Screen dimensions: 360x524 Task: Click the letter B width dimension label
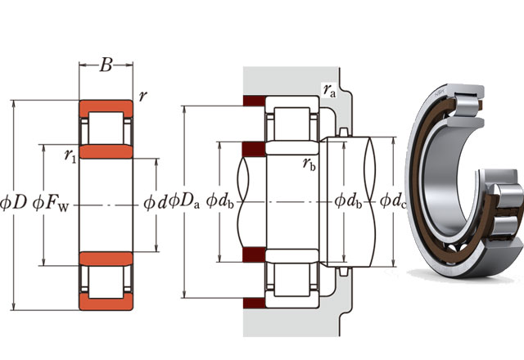[x=105, y=66]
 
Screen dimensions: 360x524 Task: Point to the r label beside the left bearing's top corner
[x=143, y=96]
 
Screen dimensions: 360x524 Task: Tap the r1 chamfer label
[x=70, y=153]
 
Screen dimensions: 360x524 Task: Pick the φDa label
[x=183, y=200]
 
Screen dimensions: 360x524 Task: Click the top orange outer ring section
[x=105, y=108]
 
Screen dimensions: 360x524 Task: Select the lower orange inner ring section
[x=105, y=260]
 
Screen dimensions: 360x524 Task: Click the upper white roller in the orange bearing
[x=105, y=128]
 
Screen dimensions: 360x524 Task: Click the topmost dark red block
[x=252, y=103]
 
